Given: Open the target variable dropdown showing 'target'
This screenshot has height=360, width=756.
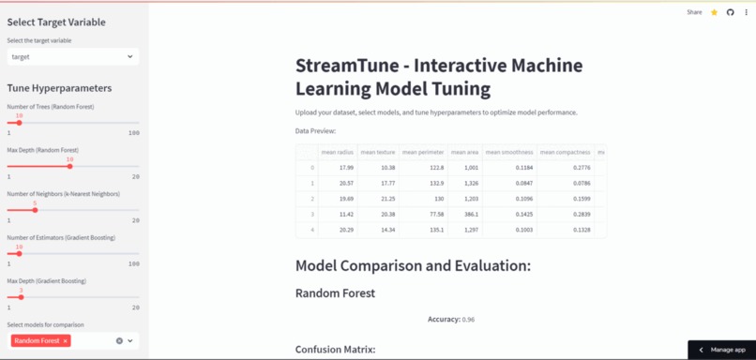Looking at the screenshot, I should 73,56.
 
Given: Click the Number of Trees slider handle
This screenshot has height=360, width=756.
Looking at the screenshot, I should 19,123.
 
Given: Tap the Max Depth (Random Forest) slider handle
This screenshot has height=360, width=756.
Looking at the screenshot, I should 69,166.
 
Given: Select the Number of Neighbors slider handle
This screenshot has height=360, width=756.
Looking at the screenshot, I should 35,210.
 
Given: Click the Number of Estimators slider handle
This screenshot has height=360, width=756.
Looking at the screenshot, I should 19,253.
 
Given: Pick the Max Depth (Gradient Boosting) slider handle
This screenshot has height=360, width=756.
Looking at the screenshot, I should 21,297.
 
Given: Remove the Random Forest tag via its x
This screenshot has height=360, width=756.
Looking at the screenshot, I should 66,341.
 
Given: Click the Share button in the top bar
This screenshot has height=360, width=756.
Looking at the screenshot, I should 694,12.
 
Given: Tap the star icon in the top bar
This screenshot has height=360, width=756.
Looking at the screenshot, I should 715,12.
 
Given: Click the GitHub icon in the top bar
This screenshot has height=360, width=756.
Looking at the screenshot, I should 731,12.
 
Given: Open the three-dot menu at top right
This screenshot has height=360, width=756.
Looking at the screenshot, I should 747,12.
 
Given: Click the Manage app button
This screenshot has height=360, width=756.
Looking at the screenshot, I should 722,350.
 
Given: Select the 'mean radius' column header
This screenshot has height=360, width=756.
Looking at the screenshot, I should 338,152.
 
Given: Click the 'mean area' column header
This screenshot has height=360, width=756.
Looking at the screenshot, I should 464,152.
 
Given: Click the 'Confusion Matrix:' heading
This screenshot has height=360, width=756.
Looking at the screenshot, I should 335,350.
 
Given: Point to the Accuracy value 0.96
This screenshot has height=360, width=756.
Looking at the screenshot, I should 468,320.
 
